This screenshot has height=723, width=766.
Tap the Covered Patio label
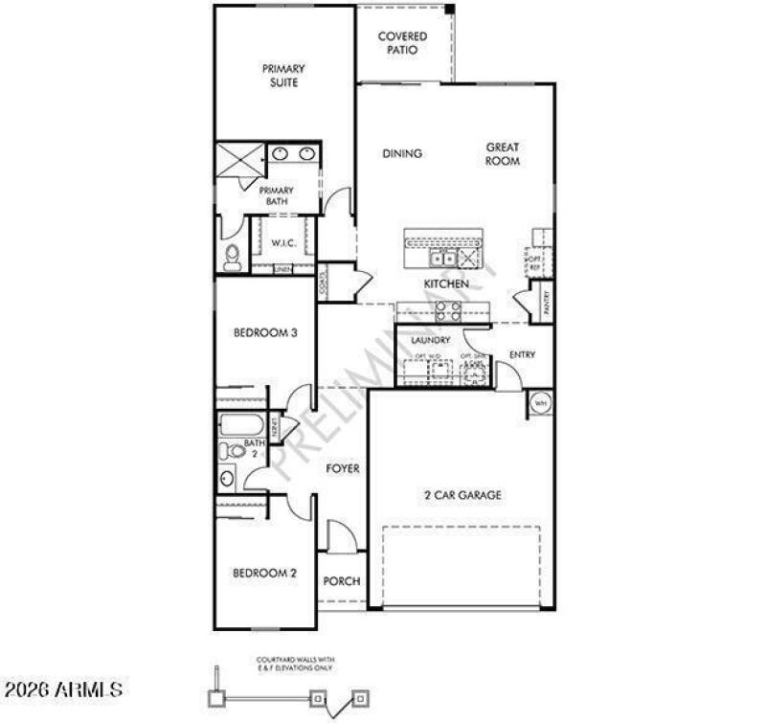(x=402, y=43)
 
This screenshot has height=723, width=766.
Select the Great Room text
(x=503, y=154)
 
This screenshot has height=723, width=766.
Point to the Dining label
(x=402, y=153)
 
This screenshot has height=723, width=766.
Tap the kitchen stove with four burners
(x=446, y=310)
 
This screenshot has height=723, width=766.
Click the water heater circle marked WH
(x=539, y=403)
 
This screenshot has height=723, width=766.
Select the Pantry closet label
(x=546, y=302)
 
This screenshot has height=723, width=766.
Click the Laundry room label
(x=430, y=341)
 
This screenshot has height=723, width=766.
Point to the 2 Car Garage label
(x=463, y=495)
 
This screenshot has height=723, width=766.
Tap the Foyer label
(x=343, y=468)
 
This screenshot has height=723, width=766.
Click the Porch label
(x=341, y=581)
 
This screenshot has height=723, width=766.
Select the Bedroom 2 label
(x=265, y=574)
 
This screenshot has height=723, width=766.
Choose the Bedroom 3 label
(x=266, y=333)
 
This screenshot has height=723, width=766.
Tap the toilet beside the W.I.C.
(x=232, y=256)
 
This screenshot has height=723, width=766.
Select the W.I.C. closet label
(x=282, y=243)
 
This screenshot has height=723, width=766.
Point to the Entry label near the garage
(x=522, y=355)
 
